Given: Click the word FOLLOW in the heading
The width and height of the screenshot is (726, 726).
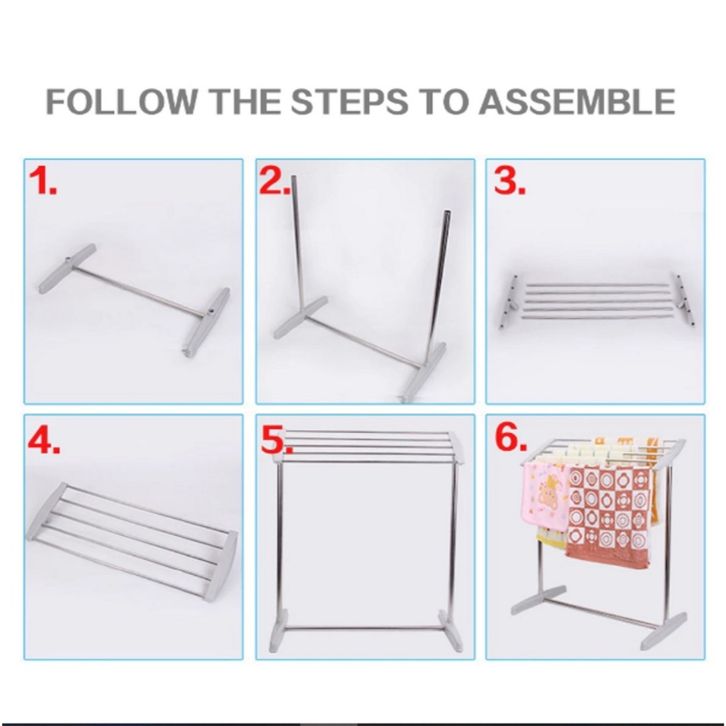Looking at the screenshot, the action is pos(121,101).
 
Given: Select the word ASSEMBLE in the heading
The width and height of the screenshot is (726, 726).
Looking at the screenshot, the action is pos(576,101).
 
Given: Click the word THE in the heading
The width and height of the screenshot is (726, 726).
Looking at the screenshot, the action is pos(244,101).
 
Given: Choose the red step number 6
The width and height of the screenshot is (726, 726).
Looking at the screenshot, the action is pos(511,437).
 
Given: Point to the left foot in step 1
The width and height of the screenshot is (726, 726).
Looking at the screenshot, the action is pos(67,269).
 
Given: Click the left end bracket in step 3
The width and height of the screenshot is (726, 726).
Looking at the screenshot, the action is pos(508,301).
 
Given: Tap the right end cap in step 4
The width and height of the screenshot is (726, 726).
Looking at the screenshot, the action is pos(222,566).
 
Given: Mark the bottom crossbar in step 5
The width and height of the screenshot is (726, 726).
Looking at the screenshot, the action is pos(362,629).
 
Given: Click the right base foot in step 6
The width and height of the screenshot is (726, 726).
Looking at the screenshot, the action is pos(663,631).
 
